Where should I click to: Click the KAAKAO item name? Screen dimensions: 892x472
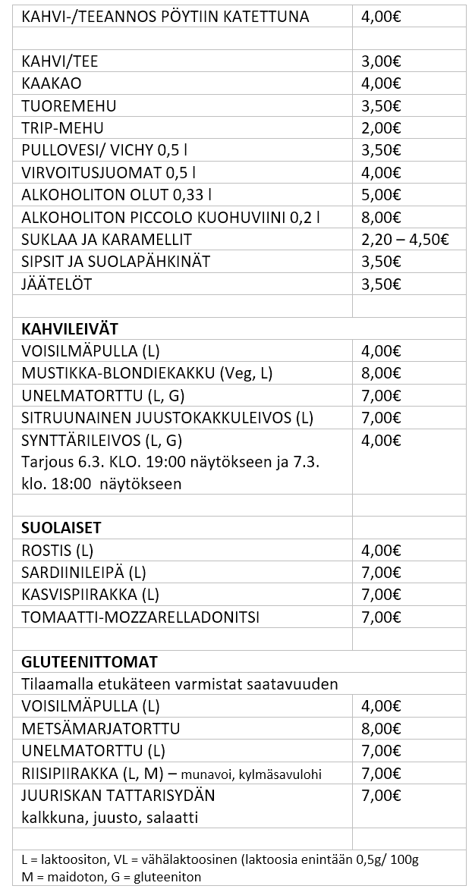(52, 83)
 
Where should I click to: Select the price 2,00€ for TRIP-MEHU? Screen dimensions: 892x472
(382, 127)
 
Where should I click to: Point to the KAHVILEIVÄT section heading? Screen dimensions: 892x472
(70, 328)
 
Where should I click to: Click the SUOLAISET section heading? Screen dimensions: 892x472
(61, 527)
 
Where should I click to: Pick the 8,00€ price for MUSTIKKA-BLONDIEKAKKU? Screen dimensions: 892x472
(382, 372)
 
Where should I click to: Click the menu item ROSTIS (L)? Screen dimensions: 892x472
(58, 550)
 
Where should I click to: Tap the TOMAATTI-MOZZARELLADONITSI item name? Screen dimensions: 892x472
(140, 617)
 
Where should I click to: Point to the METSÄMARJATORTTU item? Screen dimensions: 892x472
(101, 729)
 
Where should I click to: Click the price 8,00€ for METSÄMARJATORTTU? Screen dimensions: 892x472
(382, 729)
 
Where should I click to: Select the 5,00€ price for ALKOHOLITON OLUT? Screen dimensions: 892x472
(382, 195)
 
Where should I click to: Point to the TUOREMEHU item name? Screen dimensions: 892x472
(69, 105)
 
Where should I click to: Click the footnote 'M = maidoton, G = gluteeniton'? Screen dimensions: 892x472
(112, 877)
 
